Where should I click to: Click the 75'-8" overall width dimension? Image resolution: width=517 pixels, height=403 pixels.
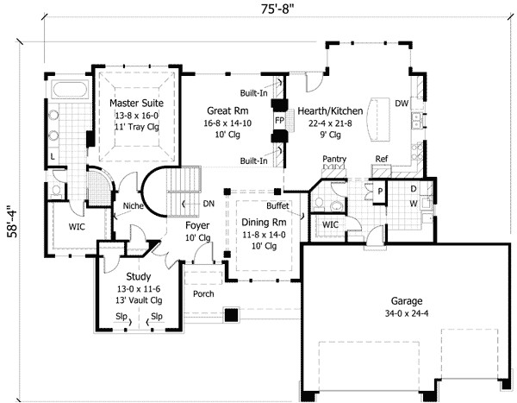coord(277,9)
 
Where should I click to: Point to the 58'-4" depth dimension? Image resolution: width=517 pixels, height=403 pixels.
coord(13,222)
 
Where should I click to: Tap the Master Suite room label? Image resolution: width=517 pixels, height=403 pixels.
coord(136,103)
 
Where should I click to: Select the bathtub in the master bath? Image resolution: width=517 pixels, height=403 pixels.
coord(69,89)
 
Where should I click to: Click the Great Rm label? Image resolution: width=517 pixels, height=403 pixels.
coord(227,110)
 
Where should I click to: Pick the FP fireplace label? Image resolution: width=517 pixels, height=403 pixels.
coord(279,121)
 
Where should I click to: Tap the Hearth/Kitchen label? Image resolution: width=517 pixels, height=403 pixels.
coord(330,111)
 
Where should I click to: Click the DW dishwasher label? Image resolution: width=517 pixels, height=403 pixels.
coord(402,104)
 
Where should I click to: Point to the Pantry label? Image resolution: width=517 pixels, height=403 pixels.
coord(334,160)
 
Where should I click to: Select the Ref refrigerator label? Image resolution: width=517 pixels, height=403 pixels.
coord(382,159)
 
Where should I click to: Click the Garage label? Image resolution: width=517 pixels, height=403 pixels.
coord(407,301)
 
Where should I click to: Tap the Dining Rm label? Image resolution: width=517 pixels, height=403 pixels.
coord(264,223)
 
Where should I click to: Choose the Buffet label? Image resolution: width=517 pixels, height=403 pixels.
coord(277,205)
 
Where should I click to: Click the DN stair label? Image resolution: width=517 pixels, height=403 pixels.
coord(209,204)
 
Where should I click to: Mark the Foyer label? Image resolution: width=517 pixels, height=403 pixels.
coord(197,225)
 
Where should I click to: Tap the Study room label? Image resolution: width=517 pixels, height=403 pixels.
coord(139,276)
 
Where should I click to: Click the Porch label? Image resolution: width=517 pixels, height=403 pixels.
coord(203,293)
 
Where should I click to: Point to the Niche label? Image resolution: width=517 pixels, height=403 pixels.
coord(134,205)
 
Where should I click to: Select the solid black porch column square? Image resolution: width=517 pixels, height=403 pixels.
coord(232,315)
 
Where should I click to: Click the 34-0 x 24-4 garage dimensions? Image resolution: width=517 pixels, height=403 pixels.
coord(407,313)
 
